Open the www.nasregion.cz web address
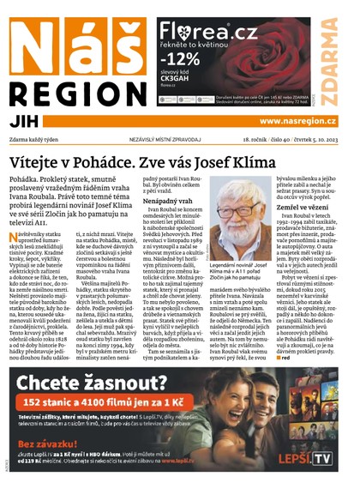pyautogui.click(x=301, y=122)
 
